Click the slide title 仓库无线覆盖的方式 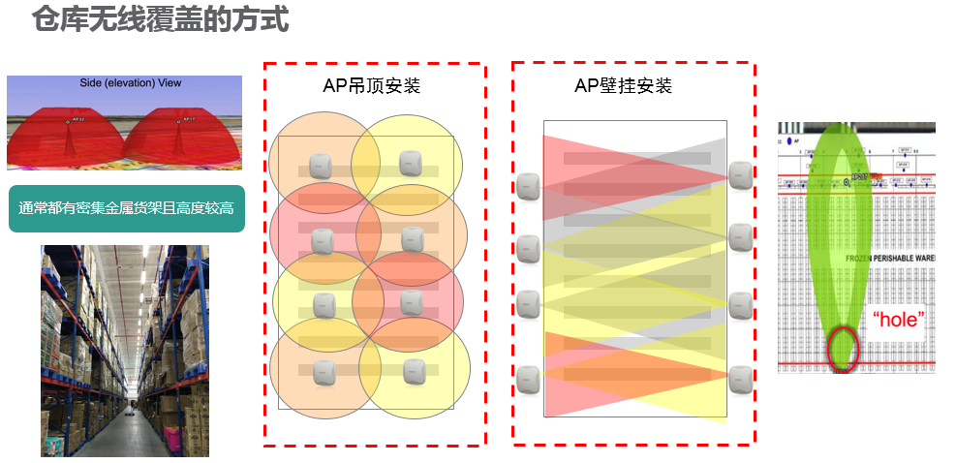(x=160, y=19)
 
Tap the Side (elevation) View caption (x=130, y=83)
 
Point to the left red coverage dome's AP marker (x=69, y=121)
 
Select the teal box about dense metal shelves (x=126, y=208)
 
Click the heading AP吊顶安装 (x=371, y=86)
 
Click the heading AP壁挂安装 (x=623, y=86)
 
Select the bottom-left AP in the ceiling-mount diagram (x=324, y=373)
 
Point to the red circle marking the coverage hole (x=843, y=350)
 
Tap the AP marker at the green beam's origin (x=848, y=181)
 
